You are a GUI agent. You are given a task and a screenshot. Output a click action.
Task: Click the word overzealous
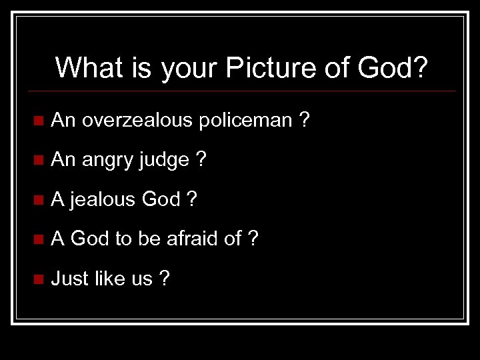pyautogui.click(x=137, y=120)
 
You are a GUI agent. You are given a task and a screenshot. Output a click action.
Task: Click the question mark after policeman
pyautogui.click(x=304, y=120)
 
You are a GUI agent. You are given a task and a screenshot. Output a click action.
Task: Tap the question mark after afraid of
pyautogui.click(x=253, y=238)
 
